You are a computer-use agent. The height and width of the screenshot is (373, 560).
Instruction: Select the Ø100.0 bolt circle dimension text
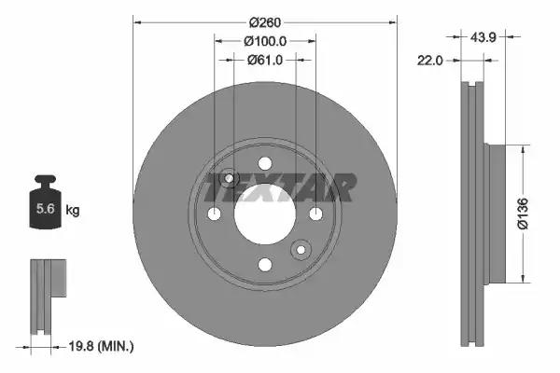point(264,41)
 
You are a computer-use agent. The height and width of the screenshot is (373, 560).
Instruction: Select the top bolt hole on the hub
point(265,164)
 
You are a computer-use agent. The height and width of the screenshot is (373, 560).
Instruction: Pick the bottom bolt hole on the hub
point(265,266)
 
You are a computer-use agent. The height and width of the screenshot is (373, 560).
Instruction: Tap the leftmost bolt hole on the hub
point(215,215)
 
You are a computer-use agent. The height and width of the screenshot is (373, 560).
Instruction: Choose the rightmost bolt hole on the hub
point(315,215)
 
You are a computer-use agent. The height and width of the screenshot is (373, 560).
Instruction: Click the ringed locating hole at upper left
point(230,179)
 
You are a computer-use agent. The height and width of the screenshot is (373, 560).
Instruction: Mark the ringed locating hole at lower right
point(301,249)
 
